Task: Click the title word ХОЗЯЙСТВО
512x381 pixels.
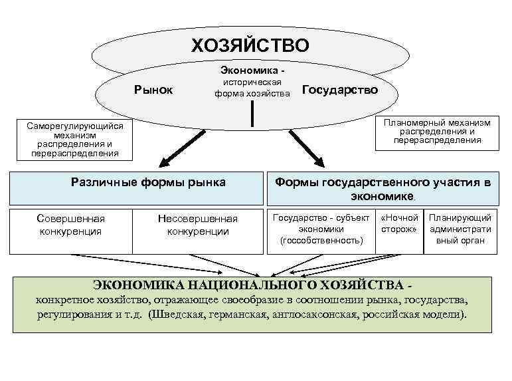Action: click(250, 46)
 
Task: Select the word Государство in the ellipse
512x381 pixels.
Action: click(339, 90)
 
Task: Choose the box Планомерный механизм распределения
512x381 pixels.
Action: click(436, 131)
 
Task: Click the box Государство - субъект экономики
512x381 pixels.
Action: click(321, 230)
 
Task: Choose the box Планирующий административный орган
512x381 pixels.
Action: click(460, 230)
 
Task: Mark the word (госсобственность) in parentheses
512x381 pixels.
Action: click(321, 240)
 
